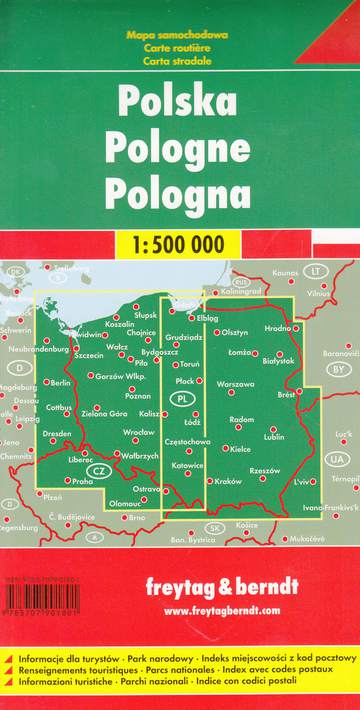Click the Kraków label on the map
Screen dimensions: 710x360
click(229, 481)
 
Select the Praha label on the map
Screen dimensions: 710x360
click(83, 481)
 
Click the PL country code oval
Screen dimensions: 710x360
click(181, 399)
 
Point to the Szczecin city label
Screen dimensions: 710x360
click(89, 355)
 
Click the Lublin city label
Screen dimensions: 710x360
click(274, 436)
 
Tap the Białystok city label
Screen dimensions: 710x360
click(278, 359)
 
